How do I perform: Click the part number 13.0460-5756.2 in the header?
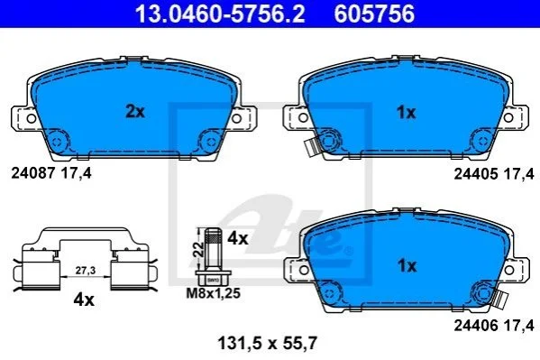click(220, 14)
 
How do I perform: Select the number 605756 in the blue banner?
click(374, 14)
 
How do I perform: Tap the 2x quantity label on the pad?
click(135, 112)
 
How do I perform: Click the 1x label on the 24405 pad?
click(407, 113)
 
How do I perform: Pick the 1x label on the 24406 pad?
click(407, 265)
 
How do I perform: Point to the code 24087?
click(33, 173)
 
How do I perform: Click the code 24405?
click(476, 174)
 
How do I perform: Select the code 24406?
click(476, 325)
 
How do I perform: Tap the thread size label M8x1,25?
click(213, 293)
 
